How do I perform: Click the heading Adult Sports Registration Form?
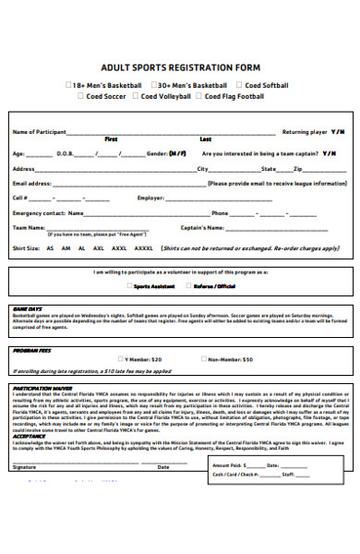point(179,67)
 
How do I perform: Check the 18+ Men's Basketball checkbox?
point(68,85)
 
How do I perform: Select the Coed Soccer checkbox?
point(80,95)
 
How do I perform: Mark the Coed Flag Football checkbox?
point(198,95)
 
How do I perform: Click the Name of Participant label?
point(38,132)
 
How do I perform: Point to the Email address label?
point(31,183)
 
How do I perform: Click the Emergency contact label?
point(39,212)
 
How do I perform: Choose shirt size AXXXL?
point(144,248)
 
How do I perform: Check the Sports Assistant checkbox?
point(127,286)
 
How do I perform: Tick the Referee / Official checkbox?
point(188,286)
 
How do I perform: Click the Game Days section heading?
point(28,307)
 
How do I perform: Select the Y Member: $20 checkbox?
point(120,358)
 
